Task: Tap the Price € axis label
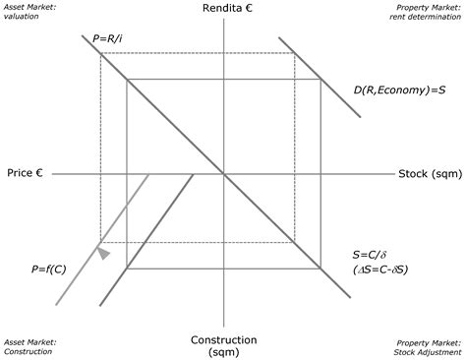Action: [x=25, y=173]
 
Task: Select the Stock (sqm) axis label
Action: [x=427, y=174]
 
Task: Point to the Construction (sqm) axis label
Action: [x=225, y=345]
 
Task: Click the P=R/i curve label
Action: [x=107, y=37]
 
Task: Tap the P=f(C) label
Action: [x=48, y=266]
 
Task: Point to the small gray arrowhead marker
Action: [x=103, y=254]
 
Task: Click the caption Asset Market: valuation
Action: [x=30, y=12]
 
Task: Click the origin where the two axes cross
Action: [x=225, y=174]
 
